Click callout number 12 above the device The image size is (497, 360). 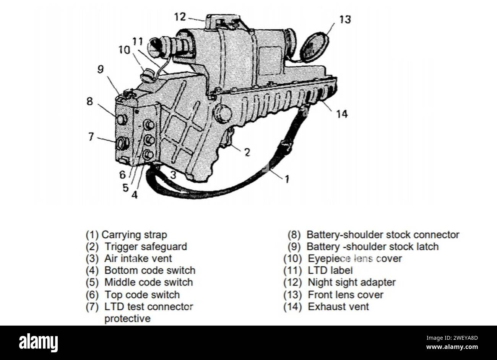click(x=180, y=17)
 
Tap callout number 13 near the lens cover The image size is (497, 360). click(x=345, y=19)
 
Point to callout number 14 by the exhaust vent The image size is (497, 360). click(x=342, y=114)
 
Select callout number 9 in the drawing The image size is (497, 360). click(x=101, y=69)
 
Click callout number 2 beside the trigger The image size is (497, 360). click(x=247, y=152)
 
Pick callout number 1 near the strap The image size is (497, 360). click(x=287, y=179)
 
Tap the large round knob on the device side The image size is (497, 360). click(x=223, y=114)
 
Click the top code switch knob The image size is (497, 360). click(x=149, y=125)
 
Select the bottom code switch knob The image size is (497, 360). click(x=148, y=155)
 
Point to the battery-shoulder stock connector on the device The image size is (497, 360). click(x=121, y=120)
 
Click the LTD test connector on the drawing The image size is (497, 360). click(x=123, y=143)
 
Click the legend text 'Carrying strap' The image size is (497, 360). click(x=134, y=235)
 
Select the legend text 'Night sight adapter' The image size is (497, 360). click(x=352, y=282)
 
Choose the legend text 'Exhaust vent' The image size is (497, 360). click(x=338, y=307)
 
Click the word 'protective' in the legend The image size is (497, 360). click(x=127, y=319)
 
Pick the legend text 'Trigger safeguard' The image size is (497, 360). click(x=146, y=247)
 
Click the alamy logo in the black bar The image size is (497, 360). click(x=38, y=343)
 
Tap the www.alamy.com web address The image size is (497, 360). click(x=452, y=347)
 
